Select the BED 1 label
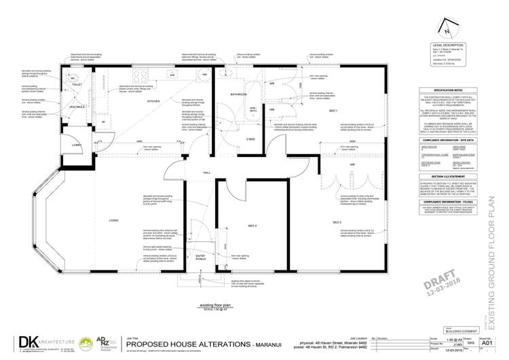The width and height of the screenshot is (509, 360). (x=333, y=111)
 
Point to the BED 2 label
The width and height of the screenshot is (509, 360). (x=337, y=222)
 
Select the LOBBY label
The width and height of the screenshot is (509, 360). (x=77, y=145)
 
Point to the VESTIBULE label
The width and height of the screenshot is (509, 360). (x=76, y=107)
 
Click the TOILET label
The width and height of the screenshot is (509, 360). (x=77, y=85)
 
